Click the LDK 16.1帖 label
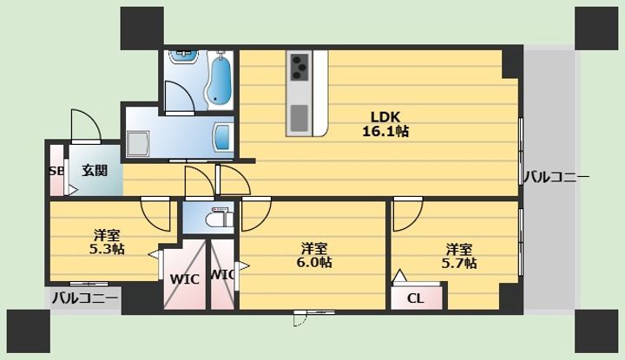click(x=385, y=124)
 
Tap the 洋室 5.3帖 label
click(x=107, y=242)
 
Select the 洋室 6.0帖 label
click(x=314, y=255)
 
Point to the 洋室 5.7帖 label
click(x=459, y=256)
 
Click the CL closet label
click(x=415, y=298)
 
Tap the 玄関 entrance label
click(x=95, y=170)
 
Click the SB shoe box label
click(x=56, y=171)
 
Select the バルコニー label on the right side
click(x=556, y=177)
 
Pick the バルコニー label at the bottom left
click(x=85, y=298)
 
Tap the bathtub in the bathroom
click(x=219, y=79)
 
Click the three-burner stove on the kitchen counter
click(x=299, y=67)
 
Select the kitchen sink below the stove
click(x=299, y=118)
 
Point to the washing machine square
click(x=138, y=144)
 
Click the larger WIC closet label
click(x=184, y=279)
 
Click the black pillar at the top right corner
click(x=595, y=29)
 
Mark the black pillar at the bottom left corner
click(x=29, y=331)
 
